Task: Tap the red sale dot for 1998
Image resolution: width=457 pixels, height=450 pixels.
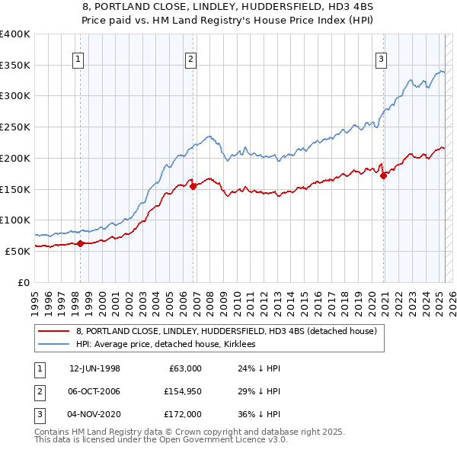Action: click(x=80, y=243)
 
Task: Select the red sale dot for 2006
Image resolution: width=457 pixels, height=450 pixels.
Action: click(x=193, y=185)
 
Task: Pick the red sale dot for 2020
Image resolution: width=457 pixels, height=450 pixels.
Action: click(x=383, y=175)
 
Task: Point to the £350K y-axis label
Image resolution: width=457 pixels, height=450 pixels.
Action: click(x=15, y=66)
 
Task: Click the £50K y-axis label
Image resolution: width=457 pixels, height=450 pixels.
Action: click(x=18, y=251)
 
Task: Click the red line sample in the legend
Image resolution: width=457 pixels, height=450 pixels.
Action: click(x=53, y=332)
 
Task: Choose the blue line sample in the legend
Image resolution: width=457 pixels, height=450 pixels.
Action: click(x=53, y=345)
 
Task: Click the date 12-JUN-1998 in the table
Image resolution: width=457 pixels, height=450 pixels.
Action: click(x=94, y=368)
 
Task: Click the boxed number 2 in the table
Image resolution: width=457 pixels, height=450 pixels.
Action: click(x=37, y=391)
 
